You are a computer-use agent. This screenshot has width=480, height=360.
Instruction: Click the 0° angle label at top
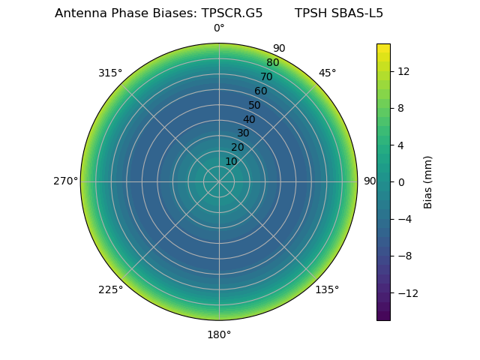(x=219, y=28)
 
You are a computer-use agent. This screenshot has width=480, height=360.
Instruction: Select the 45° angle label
(x=327, y=73)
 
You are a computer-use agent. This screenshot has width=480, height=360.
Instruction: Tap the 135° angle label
(x=327, y=289)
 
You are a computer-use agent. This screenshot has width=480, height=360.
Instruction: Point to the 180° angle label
(x=219, y=334)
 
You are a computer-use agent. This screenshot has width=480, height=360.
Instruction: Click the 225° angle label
(x=110, y=289)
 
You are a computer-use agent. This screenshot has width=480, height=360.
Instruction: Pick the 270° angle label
(x=66, y=181)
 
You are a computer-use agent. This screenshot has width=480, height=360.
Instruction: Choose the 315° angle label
(x=110, y=73)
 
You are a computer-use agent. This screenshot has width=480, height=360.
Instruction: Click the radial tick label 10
(x=231, y=161)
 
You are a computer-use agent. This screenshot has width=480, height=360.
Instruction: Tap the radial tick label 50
(x=255, y=105)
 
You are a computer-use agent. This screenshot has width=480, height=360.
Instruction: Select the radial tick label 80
(x=273, y=62)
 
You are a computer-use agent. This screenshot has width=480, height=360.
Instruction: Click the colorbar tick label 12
(x=403, y=71)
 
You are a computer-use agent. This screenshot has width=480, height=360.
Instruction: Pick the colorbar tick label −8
(x=404, y=256)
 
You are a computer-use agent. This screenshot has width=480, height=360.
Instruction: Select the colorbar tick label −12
(x=406, y=292)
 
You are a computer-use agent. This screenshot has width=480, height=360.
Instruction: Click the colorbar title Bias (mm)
(x=428, y=181)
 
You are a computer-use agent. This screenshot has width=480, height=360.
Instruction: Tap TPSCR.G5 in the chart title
(x=232, y=13)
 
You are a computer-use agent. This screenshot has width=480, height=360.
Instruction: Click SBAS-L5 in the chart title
(x=357, y=13)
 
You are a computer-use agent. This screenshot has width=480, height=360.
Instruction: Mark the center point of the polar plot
(x=219, y=181)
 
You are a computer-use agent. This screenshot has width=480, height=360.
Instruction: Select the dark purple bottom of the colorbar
(x=383, y=316)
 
